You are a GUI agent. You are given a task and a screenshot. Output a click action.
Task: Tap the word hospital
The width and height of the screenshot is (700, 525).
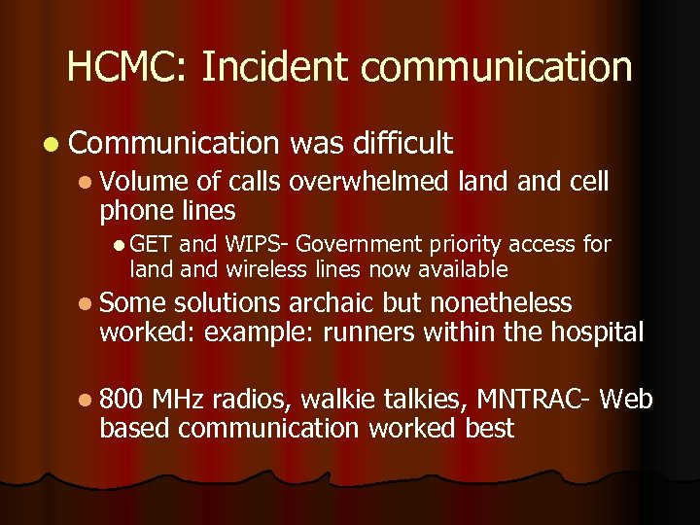click(x=594, y=332)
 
